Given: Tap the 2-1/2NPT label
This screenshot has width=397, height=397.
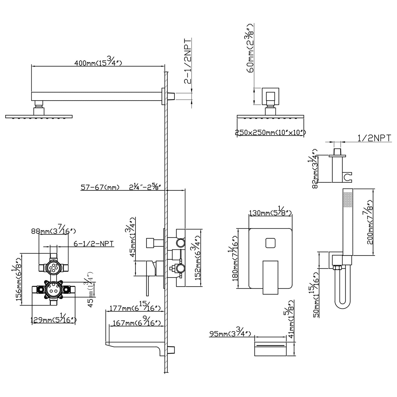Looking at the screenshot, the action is pyautogui.click(x=188, y=61).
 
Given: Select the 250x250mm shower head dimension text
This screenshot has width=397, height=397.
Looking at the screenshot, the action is pyautogui.click(x=270, y=132).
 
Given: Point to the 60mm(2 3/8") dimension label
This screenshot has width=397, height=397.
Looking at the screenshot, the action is pyautogui.click(x=251, y=48).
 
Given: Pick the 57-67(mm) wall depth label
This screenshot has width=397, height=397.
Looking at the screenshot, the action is pyautogui.click(x=100, y=187).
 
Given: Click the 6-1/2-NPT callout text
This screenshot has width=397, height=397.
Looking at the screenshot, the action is pyautogui.click(x=94, y=244).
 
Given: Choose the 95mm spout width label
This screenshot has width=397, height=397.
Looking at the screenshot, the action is pyautogui.click(x=230, y=333).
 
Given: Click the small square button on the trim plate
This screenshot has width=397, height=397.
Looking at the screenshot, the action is pyautogui.click(x=271, y=243).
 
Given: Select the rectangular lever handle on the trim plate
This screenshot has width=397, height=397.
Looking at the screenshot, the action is pyautogui.click(x=271, y=277).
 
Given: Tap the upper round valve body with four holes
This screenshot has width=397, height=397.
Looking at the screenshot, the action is pyautogui.click(x=54, y=268).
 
